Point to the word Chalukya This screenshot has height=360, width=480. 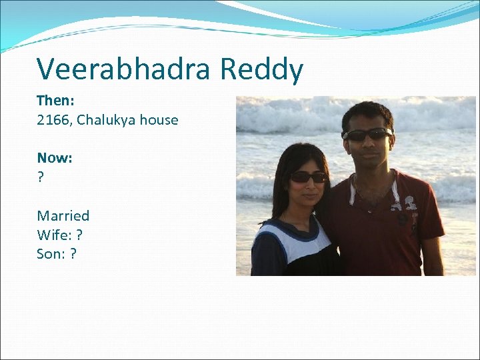tap(107, 121)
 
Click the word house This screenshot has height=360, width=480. tap(159, 121)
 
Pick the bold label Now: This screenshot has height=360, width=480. tap(55, 158)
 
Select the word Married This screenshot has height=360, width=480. tap(63, 215)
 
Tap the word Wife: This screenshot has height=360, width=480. tap(54, 235)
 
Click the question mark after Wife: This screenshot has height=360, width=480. tap(80, 235)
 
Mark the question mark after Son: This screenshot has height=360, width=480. tap(73, 254)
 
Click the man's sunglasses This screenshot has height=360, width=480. tap(367, 134)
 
